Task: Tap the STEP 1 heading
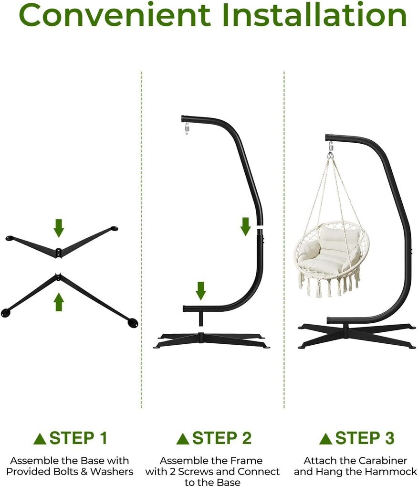tap(78, 438)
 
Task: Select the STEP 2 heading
tap(221, 438)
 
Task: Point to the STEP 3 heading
tap(365, 438)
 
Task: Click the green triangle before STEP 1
tap(40, 439)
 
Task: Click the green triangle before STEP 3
tap(326, 439)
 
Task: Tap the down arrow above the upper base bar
tap(59, 228)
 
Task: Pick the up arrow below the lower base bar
tap(59, 303)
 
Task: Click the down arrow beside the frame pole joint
tap(245, 226)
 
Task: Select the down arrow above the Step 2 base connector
tap(201, 291)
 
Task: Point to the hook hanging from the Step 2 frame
tap(187, 128)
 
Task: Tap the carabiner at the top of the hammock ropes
tap(331, 148)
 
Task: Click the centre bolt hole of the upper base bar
tap(58, 250)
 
